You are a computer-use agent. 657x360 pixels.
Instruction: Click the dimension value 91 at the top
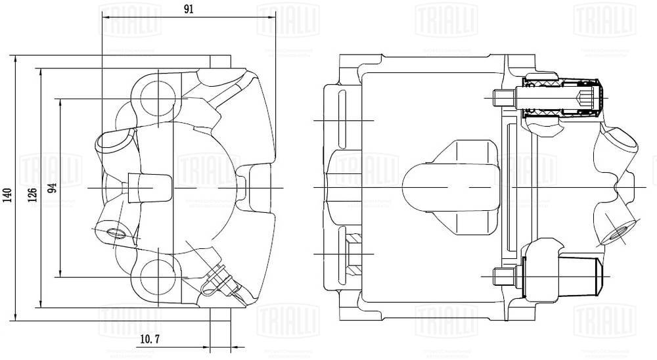click(x=189, y=10)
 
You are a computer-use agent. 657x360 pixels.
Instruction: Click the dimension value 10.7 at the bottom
click(x=151, y=339)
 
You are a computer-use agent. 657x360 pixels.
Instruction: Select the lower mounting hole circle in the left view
click(x=158, y=276)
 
